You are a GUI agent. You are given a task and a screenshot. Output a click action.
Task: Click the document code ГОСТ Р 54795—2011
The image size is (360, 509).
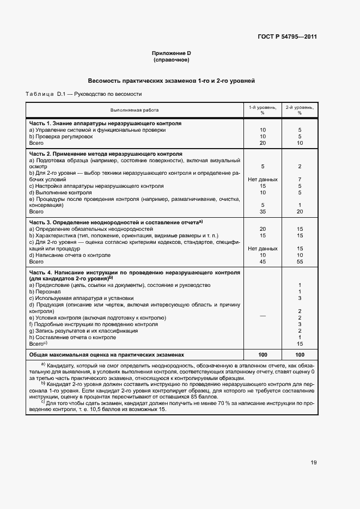click(287, 37)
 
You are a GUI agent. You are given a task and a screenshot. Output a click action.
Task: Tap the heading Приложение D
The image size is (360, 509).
click(172, 53)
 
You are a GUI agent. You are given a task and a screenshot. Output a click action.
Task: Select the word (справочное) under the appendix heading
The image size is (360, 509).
click(172, 59)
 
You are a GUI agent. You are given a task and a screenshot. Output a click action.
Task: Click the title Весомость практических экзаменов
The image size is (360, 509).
click(172, 81)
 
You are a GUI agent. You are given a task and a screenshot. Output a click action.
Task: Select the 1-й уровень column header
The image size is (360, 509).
click(263, 110)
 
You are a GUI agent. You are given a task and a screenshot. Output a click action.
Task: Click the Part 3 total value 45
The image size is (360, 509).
click(263, 261)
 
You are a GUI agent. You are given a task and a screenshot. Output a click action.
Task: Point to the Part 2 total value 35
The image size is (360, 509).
click(263, 212)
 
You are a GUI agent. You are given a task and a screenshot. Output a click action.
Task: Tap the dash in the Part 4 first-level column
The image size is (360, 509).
click(263, 315)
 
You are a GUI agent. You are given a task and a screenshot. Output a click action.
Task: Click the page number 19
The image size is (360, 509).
click(314, 463)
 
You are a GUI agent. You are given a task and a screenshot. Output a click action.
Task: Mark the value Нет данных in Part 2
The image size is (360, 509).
click(263, 179)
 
